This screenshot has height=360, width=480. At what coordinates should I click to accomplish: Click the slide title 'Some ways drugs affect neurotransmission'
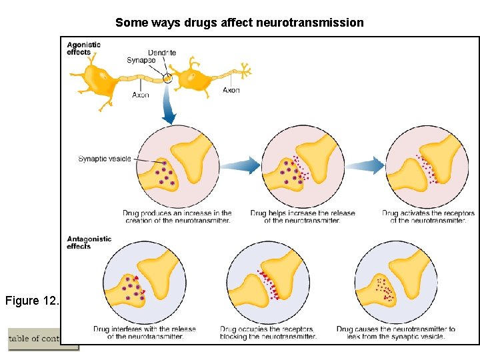click(x=239, y=23)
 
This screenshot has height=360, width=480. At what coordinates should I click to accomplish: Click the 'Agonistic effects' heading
click(x=83, y=48)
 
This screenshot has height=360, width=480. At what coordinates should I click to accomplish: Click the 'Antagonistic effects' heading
click(x=89, y=242)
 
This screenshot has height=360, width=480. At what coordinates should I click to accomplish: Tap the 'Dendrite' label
click(x=162, y=53)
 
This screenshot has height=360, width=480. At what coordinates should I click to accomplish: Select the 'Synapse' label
click(x=141, y=61)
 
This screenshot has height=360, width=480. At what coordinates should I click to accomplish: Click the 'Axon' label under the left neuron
click(x=141, y=95)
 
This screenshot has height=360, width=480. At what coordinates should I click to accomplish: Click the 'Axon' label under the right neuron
click(x=231, y=90)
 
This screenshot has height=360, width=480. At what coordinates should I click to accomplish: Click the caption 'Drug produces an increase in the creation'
click(x=177, y=217)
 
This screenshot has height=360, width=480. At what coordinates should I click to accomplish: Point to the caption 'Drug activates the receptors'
click(x=428, y=217)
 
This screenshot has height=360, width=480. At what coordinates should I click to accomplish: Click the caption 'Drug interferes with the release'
click(x=145, y=333)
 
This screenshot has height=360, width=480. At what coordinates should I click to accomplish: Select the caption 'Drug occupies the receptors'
click(x=268, y=333)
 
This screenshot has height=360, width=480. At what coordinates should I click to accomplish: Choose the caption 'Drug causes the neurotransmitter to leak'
click(x=396, y=333)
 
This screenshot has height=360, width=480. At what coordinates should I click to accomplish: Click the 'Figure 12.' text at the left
click(x=32, y=301)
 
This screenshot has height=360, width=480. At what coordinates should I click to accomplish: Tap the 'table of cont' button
click(x=35, y=339)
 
